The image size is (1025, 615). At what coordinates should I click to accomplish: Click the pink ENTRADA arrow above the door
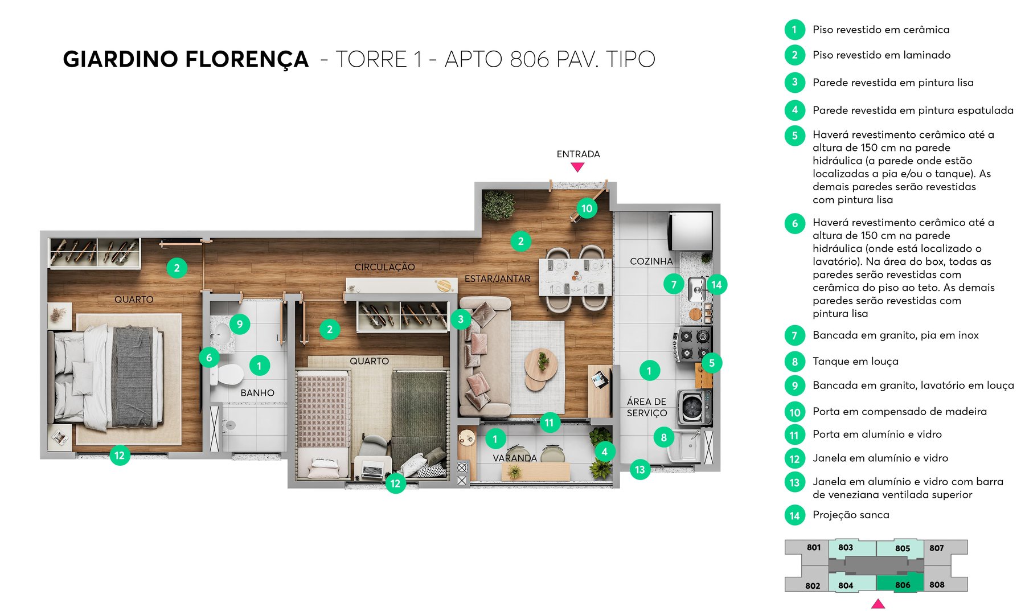pyautogui.click(x=577, y=167)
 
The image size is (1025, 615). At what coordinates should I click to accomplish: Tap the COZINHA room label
pyautogui.click(x=651, y=261)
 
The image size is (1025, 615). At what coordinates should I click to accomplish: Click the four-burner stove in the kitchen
pyautogui.click(x=694, y=345)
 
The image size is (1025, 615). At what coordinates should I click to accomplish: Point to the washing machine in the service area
pyautogui.click(x=694, y=407)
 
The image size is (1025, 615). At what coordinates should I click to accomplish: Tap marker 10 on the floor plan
pyautogui.click(x=587, y=208)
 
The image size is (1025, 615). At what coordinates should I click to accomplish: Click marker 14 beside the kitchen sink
pyautogui.click(x=716, y=285)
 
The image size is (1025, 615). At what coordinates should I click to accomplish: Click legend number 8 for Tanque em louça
pyautogui.click(x=794, y=362)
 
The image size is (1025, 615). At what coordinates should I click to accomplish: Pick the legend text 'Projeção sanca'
pyautogui.click(x=851, y=515)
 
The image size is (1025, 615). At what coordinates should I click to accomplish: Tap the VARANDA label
pyautogui.click(x=514, y=458)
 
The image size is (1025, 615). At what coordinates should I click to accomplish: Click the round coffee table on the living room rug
pyautogui.click(x=541, y=364)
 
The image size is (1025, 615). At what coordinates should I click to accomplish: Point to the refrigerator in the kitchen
pyautogui.click(x=691, y=231)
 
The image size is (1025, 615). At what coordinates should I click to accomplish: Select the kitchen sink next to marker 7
pyautogui.click(x=696, y=289)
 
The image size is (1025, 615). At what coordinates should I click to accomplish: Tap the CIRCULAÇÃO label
pyautogui.click(x=384, y=267)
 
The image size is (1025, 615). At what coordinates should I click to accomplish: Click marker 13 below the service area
pyautogui.click(x=639, y=470)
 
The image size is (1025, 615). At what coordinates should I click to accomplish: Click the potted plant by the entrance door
pyautogui.click(x=498, y=205)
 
